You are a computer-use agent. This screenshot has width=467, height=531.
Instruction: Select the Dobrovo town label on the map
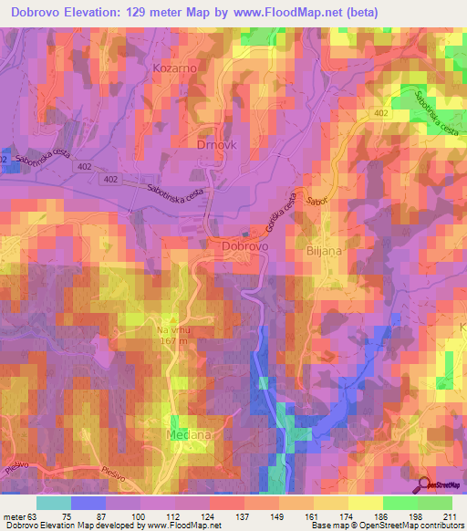244,246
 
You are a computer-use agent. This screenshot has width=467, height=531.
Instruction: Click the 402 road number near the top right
380,114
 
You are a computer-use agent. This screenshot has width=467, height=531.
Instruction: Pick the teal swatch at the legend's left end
53,503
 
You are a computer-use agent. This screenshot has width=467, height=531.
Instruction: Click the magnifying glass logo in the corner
425,485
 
